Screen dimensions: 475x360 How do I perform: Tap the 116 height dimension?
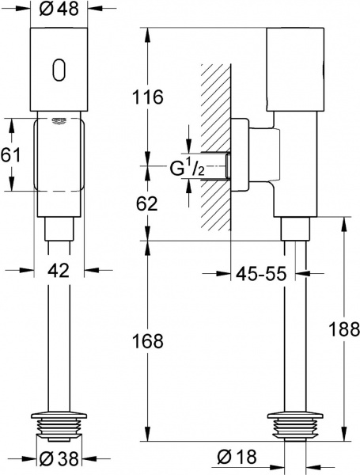(148, 98)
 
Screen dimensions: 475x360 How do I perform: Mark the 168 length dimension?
(148, 341)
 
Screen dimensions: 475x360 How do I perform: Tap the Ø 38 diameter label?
(59, 457)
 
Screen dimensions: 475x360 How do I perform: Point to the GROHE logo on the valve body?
(59, 120)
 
